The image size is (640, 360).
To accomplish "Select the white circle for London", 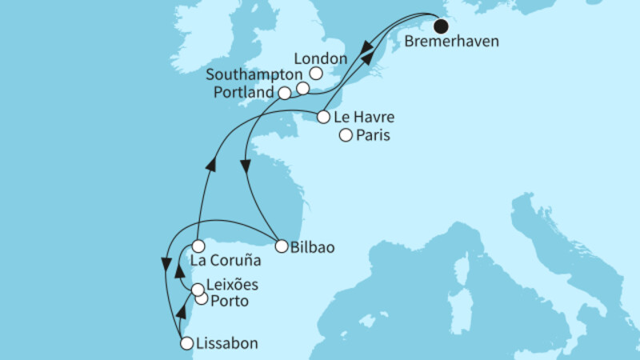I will pos(315,74).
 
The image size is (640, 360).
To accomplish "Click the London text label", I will pos(320,59).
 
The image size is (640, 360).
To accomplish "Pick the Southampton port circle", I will pos(302,88).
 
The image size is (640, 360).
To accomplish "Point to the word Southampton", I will pos(250,74).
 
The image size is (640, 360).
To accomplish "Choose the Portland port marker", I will pos(285,94).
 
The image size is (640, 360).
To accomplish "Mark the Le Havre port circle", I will pos(323,117).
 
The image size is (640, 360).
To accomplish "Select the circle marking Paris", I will pos(346,136).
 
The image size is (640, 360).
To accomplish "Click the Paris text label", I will pos(374,137).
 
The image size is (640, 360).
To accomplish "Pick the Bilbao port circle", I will pos(281,246).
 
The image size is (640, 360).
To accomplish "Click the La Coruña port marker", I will pos(198,246).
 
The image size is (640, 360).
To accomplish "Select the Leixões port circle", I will pos(196,290).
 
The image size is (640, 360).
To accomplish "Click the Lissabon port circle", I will pos(186,344).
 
